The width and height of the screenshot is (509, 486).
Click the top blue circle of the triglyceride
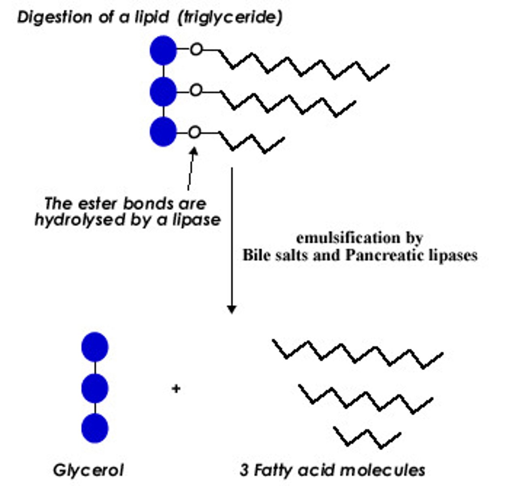point(163,50)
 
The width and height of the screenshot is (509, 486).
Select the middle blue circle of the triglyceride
point(163,92)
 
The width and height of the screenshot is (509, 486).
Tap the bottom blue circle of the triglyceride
point(163,132)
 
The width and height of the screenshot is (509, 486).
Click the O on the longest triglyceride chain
point(196,50)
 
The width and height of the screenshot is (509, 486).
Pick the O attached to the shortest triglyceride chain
point(195,132)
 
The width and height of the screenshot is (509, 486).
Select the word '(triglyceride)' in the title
point(230,17)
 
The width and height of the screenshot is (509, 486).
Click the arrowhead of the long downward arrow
point(232,309)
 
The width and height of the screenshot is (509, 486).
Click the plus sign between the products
point(176,389)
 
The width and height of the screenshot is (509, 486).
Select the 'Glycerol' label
point(88,470)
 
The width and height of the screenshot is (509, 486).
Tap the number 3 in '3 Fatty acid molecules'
point(244,470)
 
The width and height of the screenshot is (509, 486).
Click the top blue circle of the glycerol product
point(95,347)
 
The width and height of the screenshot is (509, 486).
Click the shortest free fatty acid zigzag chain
point(367,437)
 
